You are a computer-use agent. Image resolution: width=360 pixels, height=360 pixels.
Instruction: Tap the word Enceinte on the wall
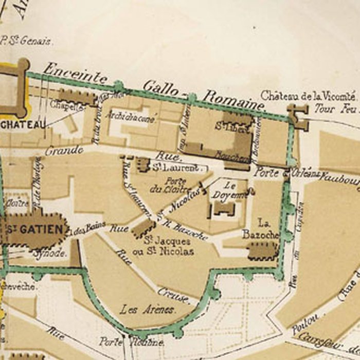tap(75, 73)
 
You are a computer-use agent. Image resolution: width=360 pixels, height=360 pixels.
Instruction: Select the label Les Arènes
tap(148, 310)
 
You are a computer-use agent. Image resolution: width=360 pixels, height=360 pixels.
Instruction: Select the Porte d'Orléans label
tap(280, 173)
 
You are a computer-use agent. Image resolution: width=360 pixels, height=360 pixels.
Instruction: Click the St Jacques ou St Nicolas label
tap(168, 246)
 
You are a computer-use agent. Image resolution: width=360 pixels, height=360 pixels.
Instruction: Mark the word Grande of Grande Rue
tap(64, 151)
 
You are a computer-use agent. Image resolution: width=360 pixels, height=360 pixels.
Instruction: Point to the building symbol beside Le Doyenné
tap(224, 208)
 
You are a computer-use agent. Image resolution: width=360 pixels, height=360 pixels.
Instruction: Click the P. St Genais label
tap(27, 41)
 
